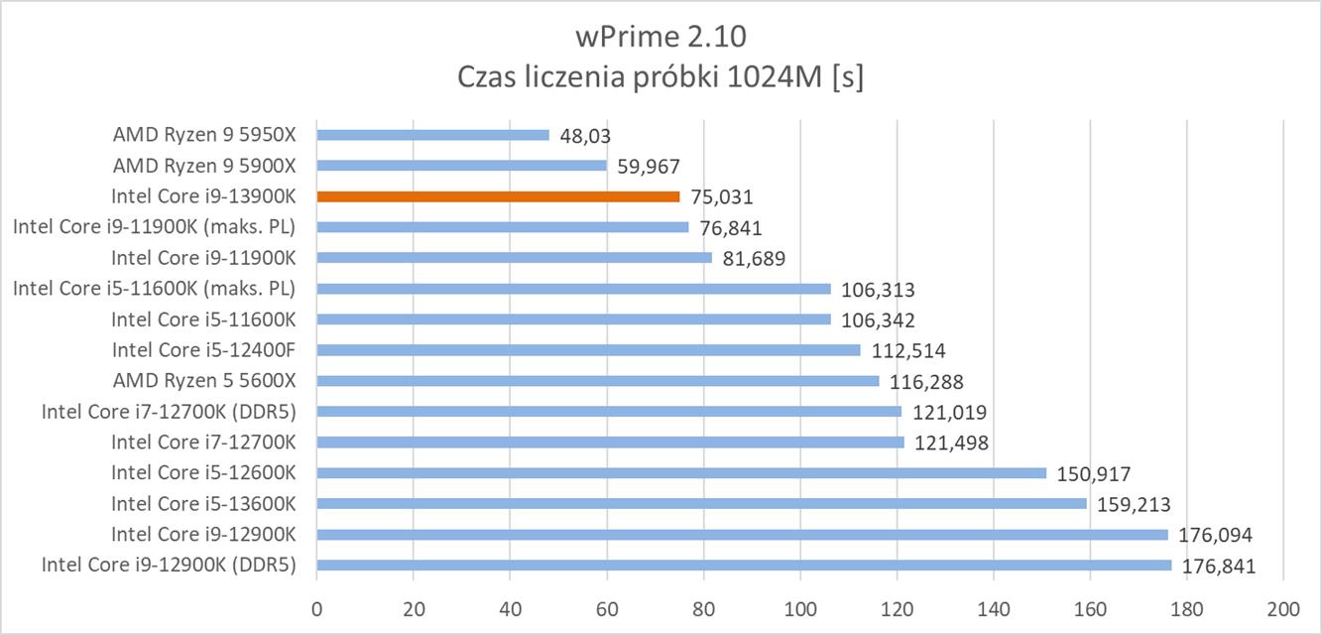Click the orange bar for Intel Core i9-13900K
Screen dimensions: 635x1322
coord(498,196)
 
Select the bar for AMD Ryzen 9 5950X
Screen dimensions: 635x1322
coord(432,135)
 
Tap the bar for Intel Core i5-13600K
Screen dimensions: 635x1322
coord(701,503)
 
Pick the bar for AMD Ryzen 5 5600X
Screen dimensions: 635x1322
coord(597,381)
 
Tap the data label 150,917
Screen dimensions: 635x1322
coord(1092,473)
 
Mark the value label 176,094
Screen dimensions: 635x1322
coord(1216,535)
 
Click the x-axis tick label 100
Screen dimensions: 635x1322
coord(799,608)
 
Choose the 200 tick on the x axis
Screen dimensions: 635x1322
coord(1282,608)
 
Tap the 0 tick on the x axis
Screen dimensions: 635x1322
coord(316,608)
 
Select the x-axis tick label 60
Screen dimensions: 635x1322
coord(606,608)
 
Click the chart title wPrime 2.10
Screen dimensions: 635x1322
coord(661,37)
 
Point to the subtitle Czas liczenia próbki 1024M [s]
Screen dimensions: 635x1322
coord(661,78)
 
